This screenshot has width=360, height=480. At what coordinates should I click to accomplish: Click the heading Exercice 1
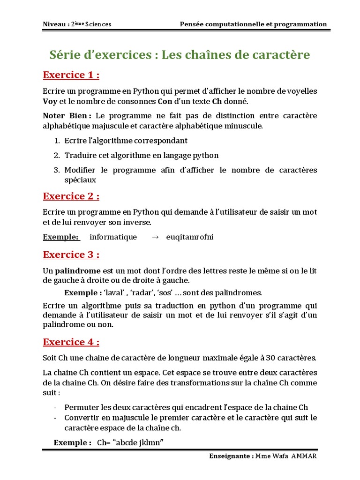pos(71,75)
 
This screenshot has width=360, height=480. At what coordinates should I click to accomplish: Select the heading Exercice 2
pos(71,195)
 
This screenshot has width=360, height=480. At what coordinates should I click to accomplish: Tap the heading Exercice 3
pos(71,255)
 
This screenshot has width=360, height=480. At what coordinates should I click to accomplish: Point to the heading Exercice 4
pos(71,342)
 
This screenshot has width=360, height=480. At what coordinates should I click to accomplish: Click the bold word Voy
pos(50,101)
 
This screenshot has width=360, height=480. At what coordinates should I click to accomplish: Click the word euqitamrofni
pos(190,237)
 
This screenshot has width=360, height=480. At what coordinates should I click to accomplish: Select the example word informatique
pos(113,237)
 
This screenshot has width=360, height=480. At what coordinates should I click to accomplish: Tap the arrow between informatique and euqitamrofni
pos(156,237)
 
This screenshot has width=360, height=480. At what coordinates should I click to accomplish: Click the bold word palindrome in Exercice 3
pos(78,270)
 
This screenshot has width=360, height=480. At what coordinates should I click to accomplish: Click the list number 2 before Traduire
pos(56,155)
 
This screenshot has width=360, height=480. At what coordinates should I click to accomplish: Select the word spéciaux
pos(80,180)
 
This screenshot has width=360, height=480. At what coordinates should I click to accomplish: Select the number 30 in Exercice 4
pos(270,358)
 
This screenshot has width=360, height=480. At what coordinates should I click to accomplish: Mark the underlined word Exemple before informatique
pos(60,237)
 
